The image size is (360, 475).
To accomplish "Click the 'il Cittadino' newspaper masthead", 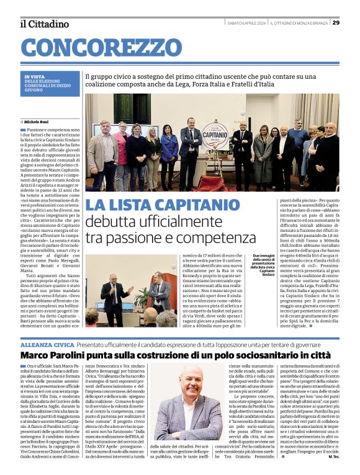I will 44,24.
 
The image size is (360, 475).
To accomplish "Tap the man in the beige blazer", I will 102,149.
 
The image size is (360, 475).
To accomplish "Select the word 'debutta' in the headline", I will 111,221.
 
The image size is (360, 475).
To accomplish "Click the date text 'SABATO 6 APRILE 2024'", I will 246,23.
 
